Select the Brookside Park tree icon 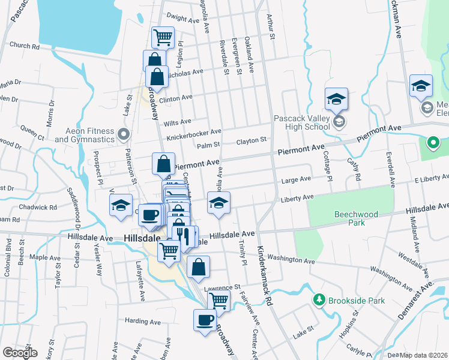pos(319,299)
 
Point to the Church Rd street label pos(25,46)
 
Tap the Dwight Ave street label pos(182,20)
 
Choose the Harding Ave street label pos(143,322)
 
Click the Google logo pos(20,353)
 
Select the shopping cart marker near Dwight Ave pos(163,38)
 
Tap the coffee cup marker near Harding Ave pos(205,319)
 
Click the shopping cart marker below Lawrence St pos(219,300)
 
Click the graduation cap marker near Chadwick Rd pos(121,205)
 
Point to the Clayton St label pos(251,140)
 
